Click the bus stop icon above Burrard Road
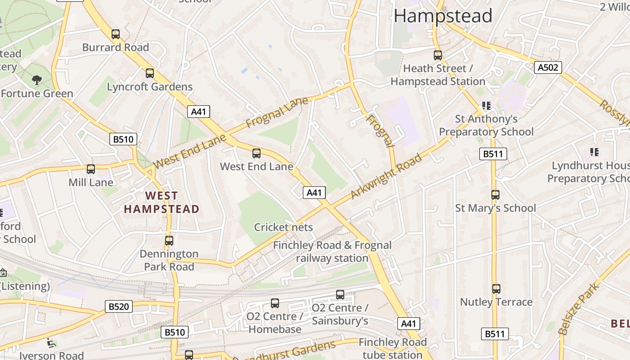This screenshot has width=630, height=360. pos(116,34)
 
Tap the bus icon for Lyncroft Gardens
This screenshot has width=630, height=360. pos(150,73)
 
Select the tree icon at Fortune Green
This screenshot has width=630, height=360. pos(37,80)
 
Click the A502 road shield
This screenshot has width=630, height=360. pos(548,67)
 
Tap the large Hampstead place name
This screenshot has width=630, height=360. pos(443,16)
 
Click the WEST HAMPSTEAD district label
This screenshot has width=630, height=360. pos(162,202)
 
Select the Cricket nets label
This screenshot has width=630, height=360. pos(283,227)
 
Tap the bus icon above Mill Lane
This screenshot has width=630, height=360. pos(91,169)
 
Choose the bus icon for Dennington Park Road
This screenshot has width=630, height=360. pos(169,240)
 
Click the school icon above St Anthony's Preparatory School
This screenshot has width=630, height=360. pos(486,106)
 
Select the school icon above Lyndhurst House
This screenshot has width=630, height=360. pos(594,153)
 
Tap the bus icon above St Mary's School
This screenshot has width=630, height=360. pos(495,195)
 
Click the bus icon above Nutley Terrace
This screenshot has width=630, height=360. pos(496,288)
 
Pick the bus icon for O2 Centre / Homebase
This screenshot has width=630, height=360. pos(275,303)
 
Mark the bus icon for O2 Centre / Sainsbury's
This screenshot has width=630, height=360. pos(340,295)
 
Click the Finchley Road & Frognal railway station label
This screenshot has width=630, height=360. pos(332,252)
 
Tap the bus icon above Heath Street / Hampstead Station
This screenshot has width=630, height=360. pos(438,55)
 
